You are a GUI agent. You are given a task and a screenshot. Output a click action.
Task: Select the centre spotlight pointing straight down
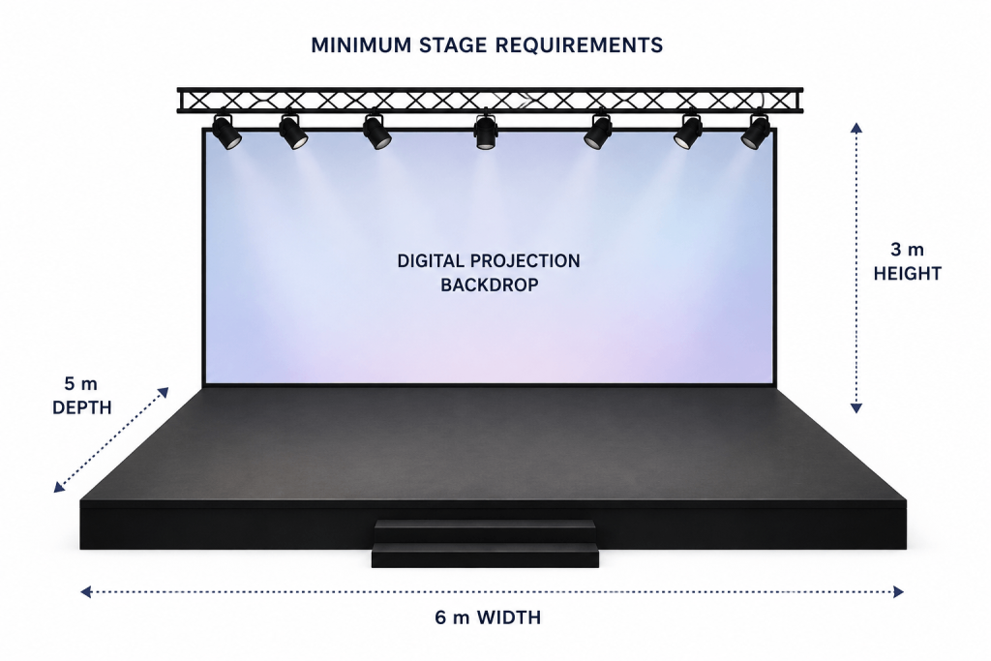point(486,131)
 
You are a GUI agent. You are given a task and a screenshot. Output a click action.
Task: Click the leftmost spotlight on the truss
point(225,132)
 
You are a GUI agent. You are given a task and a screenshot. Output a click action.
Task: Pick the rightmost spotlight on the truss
point(756,132)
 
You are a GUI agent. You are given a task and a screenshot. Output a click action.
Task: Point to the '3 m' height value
point(907,250)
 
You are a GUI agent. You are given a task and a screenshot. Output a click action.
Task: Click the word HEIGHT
point(908,274)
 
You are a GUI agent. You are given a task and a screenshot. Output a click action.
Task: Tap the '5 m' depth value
point(81,383)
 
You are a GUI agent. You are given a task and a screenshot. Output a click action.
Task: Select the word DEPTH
point(81,407)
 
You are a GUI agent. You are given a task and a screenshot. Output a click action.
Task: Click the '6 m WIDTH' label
point(488,617)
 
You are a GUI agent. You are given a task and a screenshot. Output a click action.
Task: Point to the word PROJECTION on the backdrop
point(525,261)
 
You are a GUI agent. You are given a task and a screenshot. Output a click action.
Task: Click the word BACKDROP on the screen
point(489,285)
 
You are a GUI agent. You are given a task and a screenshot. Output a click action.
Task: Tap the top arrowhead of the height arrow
point(856,128)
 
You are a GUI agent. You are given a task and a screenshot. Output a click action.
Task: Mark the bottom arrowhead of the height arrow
point(856,408)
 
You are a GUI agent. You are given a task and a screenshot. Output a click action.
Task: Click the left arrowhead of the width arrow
point(86,591)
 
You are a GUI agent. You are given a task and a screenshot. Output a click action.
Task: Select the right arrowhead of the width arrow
point(898,591)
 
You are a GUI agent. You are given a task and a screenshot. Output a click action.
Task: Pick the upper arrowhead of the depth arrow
point(164,392)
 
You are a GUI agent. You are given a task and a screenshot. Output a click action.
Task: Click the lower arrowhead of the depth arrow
point(59,487)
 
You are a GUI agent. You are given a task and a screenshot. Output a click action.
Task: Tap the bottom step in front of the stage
point(485,555)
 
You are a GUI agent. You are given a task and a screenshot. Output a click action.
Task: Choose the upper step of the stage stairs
point(485,530)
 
